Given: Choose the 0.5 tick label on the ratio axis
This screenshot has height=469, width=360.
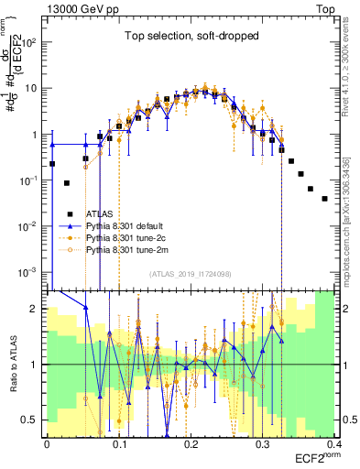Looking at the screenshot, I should [x=33, y=420].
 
